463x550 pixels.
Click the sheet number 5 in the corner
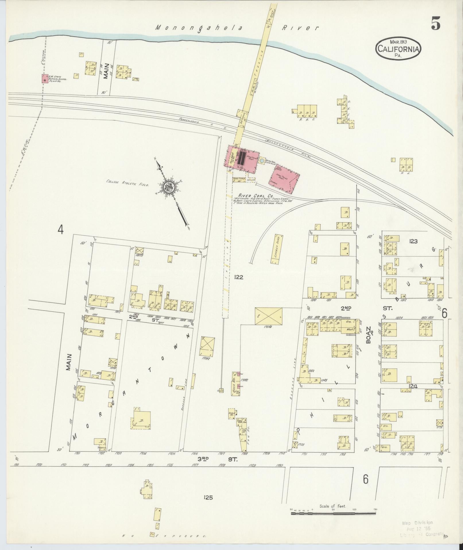point(436,24)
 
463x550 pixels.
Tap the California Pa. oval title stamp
point(398,49)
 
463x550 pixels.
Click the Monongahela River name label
point(237,28)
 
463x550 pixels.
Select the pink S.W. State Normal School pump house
point(45,79)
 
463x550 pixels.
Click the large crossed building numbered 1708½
point(268,316)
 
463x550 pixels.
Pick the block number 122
point(239,277)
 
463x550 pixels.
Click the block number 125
point(208,497)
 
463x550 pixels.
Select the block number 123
point(413,241)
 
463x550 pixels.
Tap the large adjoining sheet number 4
point(60,229)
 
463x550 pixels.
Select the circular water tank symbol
point(262,160)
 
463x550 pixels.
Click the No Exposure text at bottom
point(164,536)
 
